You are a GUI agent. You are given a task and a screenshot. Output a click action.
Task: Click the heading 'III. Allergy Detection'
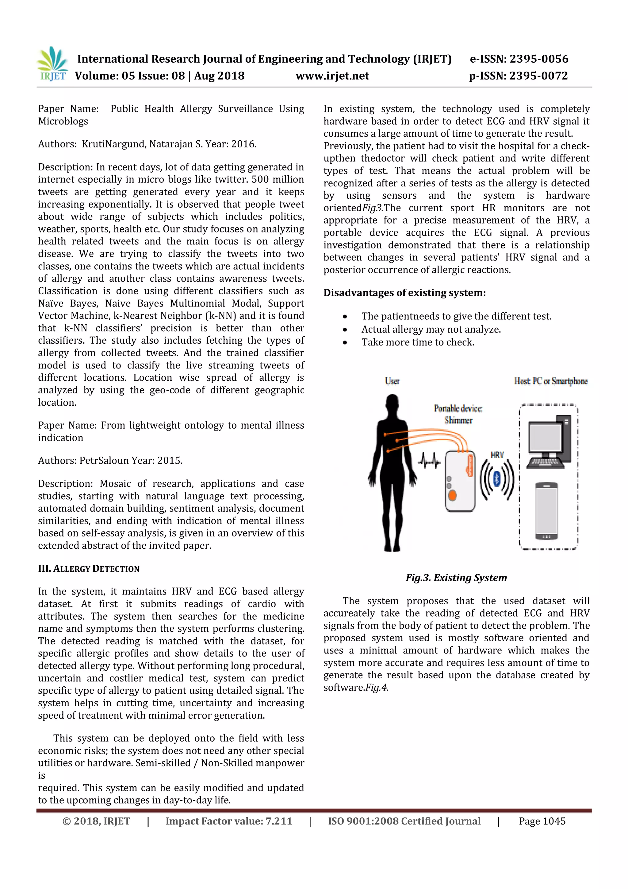click(89, 568)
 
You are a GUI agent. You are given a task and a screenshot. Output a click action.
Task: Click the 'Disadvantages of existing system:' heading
click(404, 293)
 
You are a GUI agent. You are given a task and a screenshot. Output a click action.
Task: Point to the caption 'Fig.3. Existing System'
click(456, 578)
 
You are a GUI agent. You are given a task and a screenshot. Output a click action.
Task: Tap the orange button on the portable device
click(452, 495)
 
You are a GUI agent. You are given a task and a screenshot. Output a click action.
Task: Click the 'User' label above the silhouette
click(392, 381)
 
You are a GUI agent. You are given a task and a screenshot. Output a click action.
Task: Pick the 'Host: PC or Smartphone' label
click(551, 381)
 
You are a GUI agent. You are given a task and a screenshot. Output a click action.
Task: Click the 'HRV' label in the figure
click(497, 455)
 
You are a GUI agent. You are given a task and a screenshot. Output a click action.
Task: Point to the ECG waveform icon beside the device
click(429, 461)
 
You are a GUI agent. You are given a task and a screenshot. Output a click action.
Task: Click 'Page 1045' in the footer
click(542, 821)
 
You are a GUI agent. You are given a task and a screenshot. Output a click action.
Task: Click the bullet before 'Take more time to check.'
click(345, 343)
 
